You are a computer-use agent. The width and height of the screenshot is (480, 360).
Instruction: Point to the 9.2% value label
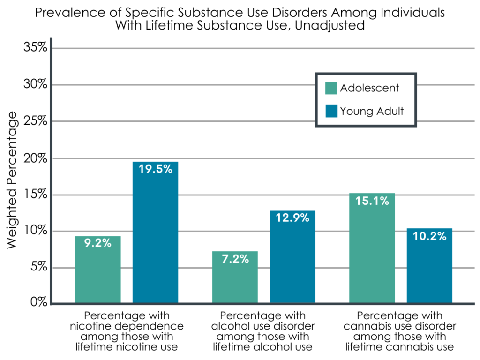pos(98,243)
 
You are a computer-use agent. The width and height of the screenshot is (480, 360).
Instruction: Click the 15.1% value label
pos(372,201)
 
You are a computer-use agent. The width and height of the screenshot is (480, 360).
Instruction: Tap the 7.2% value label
pos(235,258)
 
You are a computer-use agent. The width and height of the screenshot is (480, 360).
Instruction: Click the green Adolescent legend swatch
pos(331,88)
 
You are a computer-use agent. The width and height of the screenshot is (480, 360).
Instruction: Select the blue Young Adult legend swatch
pos(331,111)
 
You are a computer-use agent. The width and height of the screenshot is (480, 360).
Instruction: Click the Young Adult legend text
pos(372,111)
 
